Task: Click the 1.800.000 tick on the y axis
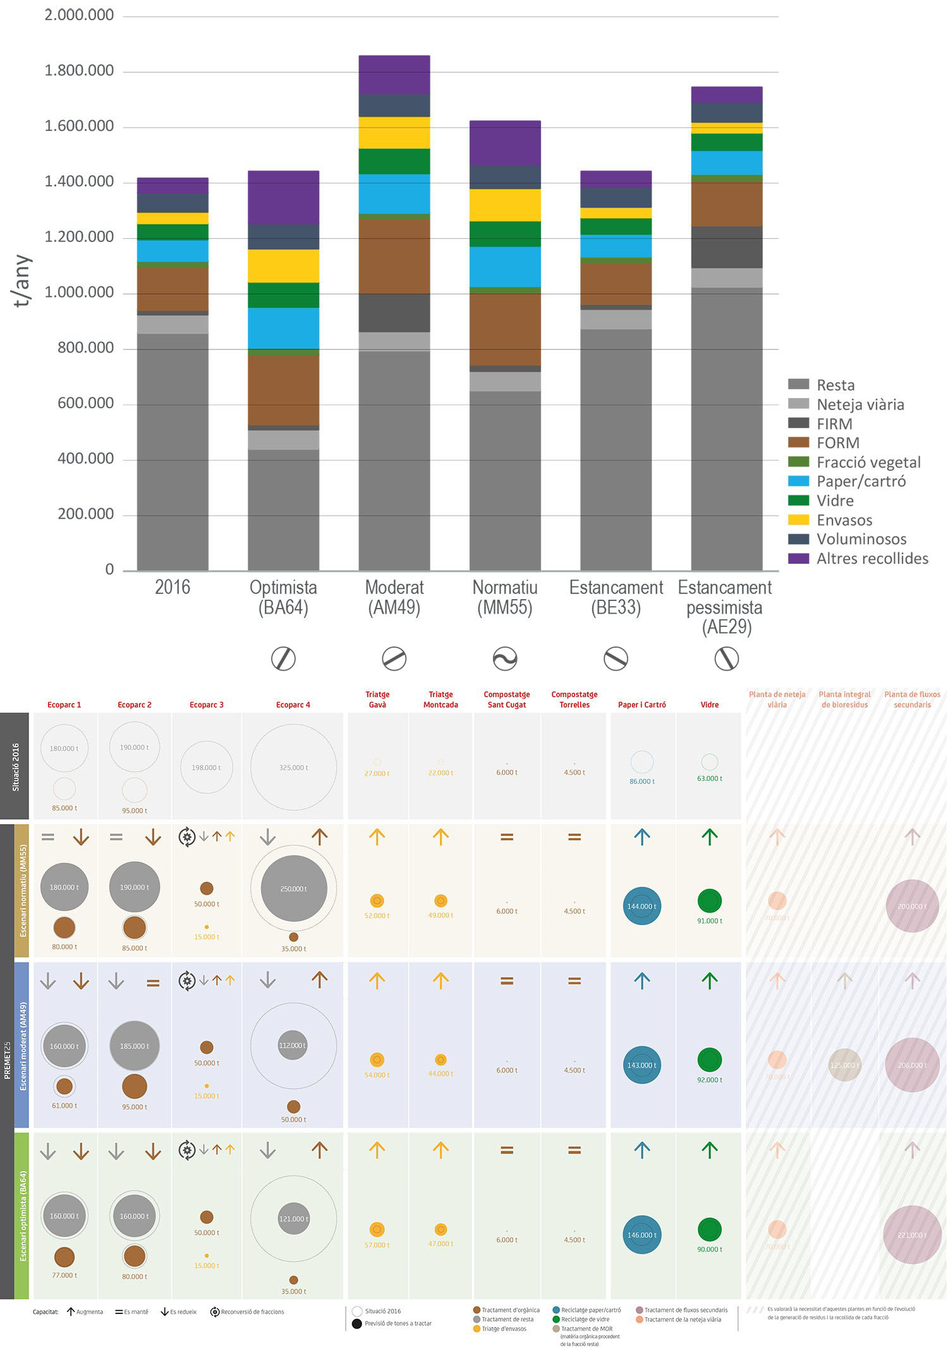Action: click(x=79, y=71)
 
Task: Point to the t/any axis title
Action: click(x=21, y=281)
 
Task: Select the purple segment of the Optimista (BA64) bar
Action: click(x=283, y=197)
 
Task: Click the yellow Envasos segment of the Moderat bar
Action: click(x=394, y=133)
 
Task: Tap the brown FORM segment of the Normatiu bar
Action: click(x=505, y=329)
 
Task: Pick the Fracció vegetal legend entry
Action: click(x=868, y=462)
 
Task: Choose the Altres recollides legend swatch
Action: click(x=799, y=559)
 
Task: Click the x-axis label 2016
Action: click(x=172, y=587)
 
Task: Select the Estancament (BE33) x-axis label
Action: click(x=616, y=597)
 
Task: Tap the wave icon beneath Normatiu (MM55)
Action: click(x=505, y=659)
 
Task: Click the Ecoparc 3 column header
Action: click(x=206, y=705)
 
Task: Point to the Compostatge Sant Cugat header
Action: click(x=507, y=699)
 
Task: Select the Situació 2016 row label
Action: click(x=16, y=767)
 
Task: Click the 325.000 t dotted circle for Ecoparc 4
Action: click(x=293, y=767)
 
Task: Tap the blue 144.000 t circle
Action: click(x=641, y=906)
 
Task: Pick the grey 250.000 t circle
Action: click(x=293, y=889)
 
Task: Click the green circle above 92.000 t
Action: click(x=709, y=1060)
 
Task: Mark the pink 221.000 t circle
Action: click(x=912, y=1235)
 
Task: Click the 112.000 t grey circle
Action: click(x=292, y=1045)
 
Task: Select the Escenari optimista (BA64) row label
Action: click(x=23, y=1216)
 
